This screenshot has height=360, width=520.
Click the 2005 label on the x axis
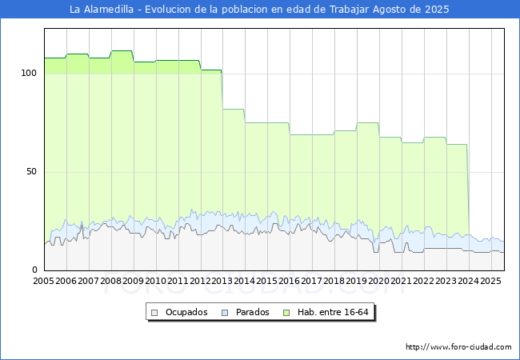click(44, 281)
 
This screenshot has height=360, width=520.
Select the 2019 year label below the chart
click(357, 281)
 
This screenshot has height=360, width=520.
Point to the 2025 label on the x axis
click(491, 281)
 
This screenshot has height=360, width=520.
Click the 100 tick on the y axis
click(29, 74)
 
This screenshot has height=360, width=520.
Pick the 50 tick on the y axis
click(32, 172)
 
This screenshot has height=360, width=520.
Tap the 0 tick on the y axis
click(35, 270)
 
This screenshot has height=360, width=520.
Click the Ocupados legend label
click(186, 312)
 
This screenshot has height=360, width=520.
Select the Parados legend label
click(253, 312)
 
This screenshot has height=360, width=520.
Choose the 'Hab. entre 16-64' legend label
click(333, 312)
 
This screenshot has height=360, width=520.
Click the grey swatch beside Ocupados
click(154, 313)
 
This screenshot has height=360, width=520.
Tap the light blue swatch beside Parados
click(225, 313)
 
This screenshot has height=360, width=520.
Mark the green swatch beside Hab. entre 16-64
click(286, 313)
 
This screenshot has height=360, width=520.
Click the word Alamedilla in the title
click(109, 10)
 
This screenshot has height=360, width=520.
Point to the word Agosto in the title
click(390, 10)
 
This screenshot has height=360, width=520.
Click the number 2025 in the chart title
click(437, 10)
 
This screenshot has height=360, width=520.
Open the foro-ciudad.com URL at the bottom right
click(458, 347)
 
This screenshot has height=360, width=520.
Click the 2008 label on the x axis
click(110, 281)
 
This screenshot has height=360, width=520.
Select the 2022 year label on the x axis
click(424, 281)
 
